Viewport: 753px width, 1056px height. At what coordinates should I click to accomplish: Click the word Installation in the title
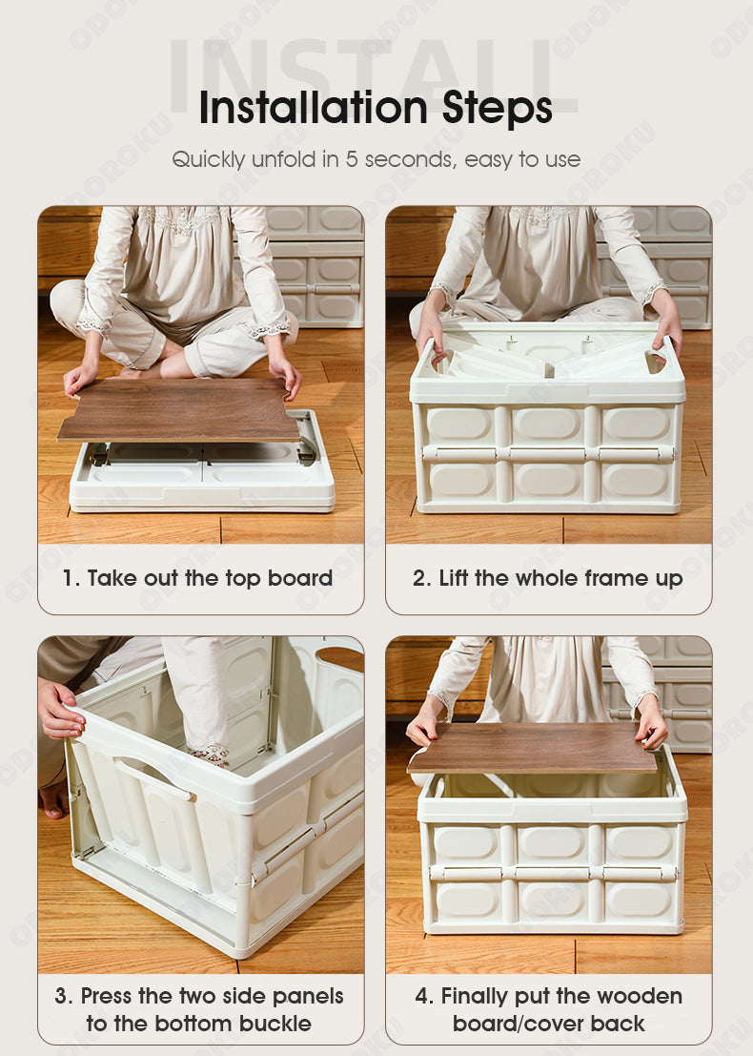coord(314,108)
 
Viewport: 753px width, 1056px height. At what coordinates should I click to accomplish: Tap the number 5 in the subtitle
coord(352,159)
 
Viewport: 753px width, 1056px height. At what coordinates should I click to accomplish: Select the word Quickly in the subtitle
coord(209,160)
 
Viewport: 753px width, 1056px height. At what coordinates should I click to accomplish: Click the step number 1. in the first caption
coord(71,578)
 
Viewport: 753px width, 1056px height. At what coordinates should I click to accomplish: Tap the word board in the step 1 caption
coord(300,578)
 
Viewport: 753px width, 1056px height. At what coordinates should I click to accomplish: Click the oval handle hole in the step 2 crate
coord(655,363)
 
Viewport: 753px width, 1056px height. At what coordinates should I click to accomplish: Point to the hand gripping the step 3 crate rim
coord(61,710)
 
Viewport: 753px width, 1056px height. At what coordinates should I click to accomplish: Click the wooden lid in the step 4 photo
coord(532,748)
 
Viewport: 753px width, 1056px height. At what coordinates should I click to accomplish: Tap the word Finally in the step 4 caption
coord(474,997)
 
